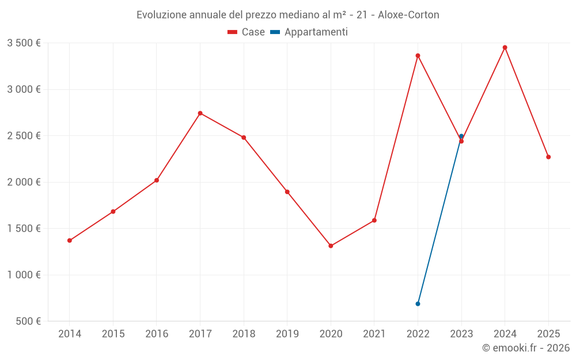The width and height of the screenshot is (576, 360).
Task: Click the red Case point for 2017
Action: pyautogui.click(x=200, y=113)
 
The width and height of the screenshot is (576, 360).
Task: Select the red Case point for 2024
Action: pyautogui.click(x=505, y=47)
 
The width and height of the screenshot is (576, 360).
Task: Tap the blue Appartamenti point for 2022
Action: pyautogui.click(x=418, y=304)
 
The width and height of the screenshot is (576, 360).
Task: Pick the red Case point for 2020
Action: pyautogui.click(x=331, y=246)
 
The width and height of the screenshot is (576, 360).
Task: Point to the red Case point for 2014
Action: pyautogui.click(x=70, y=240)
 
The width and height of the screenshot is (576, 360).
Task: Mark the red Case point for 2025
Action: pyautogui.click(x=548, y=157)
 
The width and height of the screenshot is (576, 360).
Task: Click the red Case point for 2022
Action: pyautogui.click(x=418, y=55)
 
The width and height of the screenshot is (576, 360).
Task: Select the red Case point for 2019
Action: pyautogui.click(x=287, y=192)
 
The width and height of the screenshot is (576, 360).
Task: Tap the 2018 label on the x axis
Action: pyautogui.click(x=244, y=334)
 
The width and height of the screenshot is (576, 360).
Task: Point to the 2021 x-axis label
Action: pyautogui.click(x=374, y=334)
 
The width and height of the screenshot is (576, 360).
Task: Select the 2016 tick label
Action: pyautogui.click(x=157, y=334)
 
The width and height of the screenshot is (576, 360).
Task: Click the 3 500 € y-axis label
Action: pyautogui.click(x=24, y=43)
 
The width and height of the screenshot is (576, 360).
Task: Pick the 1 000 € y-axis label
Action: pyautogui.click(x=24, y=275)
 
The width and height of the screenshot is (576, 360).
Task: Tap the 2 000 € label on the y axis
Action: pyautogui.click(x=24, y=182)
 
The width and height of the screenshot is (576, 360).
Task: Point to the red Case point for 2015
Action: pyautogui.click(x=113, y=211)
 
